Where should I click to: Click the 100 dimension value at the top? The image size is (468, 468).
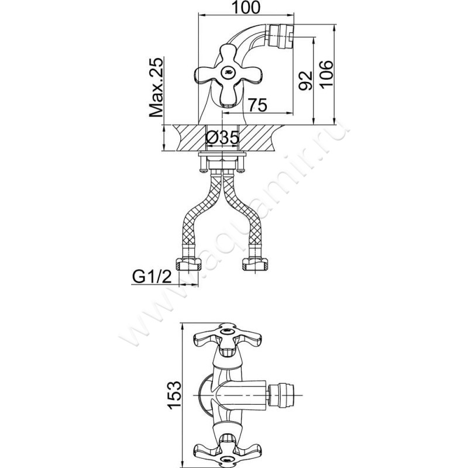(x=246, y=8)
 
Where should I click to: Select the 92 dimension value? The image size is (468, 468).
(x=305, y=81)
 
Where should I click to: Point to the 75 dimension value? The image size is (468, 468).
(x=257, y=105)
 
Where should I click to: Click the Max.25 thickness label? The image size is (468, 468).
(x=156, y=87)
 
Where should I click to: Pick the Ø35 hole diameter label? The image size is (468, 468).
(x=223, y=138)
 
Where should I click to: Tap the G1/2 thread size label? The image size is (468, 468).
(x=152, y=277)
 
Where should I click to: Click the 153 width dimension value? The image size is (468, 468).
(x=174, y=395)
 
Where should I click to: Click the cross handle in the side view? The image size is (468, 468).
(x=227, y=75)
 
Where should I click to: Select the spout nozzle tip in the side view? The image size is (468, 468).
(x=281, y=36)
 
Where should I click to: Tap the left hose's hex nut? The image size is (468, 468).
(x=188, y=264)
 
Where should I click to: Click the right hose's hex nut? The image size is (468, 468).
(x=254, y=264)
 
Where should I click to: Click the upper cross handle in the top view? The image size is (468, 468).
(x=228, y=339)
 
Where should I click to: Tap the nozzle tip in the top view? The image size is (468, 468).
(x=281, y=395)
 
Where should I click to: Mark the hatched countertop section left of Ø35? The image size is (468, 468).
(x=190, y=138)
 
